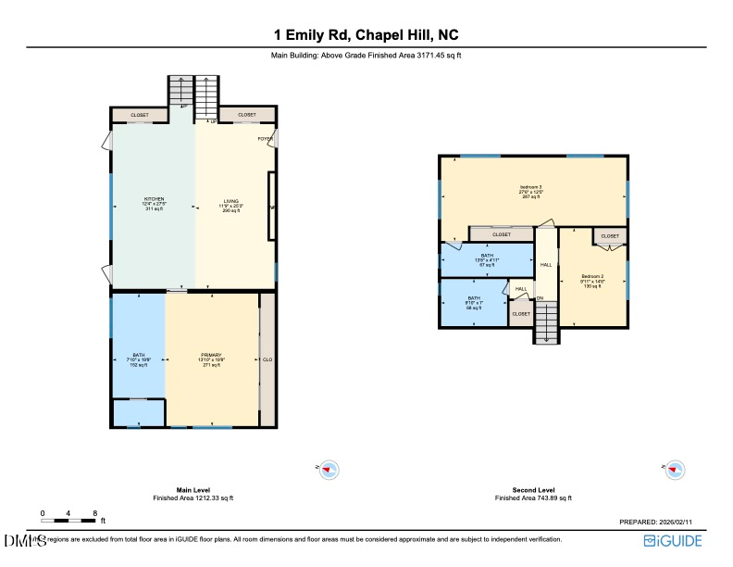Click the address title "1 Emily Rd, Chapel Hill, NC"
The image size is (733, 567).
[366, 35]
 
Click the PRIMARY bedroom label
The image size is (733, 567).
[213, 359]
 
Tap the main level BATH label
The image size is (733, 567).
[139, 359]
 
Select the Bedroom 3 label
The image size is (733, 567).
[531, 192]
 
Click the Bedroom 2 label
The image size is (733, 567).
[592, 281]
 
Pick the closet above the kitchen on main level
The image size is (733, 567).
[139, 115]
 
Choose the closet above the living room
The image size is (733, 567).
[247, 115]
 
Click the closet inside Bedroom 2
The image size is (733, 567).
[610, 236]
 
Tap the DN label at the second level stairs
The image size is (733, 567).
[540, 297]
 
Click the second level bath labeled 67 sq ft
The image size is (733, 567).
[487, 259]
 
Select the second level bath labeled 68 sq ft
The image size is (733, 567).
[474, 302]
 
